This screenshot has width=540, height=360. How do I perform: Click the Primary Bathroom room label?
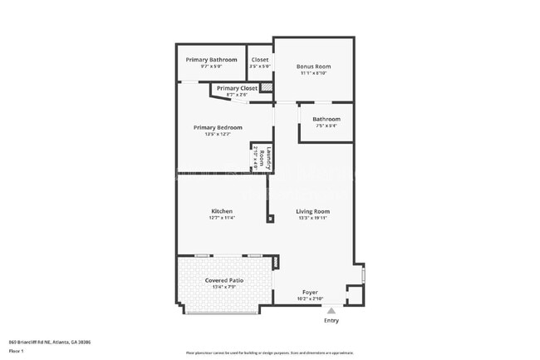tap(211, 60)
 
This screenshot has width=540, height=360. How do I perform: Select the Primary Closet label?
tap(237, 87)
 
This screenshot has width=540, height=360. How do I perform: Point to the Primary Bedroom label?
tap(218, 127)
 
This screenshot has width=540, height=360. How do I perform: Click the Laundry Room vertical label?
tap(261, 156)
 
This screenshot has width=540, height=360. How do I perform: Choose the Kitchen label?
tap(222, 211)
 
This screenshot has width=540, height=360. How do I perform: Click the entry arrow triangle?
tap(331, 310)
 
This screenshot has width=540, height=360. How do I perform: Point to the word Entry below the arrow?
tap(331, 320)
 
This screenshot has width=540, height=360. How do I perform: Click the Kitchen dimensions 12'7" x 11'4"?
tap(222, 218)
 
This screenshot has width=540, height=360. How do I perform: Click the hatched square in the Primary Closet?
tap(267, 87)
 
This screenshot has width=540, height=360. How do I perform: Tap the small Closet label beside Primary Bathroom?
tap(260, 60)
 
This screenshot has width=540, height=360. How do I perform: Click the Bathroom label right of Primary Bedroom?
tap(326, 119)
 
